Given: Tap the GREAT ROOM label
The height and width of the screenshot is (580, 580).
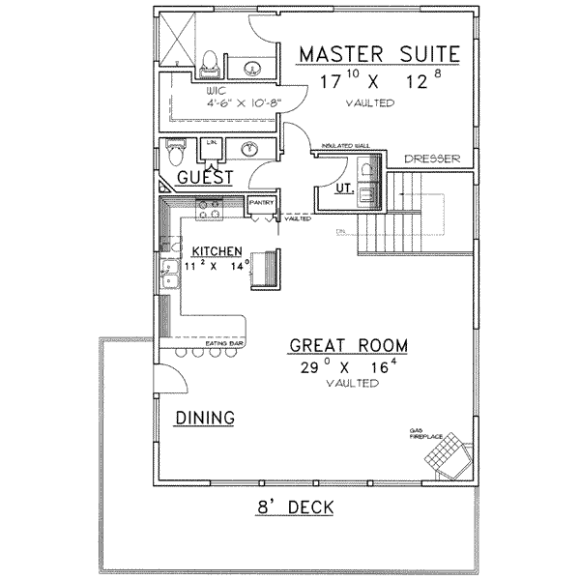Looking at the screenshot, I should pos(347,345).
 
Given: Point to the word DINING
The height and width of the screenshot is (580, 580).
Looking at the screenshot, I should pos(205,418).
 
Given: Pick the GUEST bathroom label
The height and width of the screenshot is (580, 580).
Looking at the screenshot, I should pos(206,178).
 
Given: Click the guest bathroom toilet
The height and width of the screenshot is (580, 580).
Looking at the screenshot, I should pos(175,153).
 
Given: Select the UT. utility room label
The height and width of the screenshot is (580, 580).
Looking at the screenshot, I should pos(341,190).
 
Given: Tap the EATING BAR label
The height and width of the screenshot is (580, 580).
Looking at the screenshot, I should pos(222,343).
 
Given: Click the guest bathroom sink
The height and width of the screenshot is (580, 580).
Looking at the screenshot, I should pos(249,149).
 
